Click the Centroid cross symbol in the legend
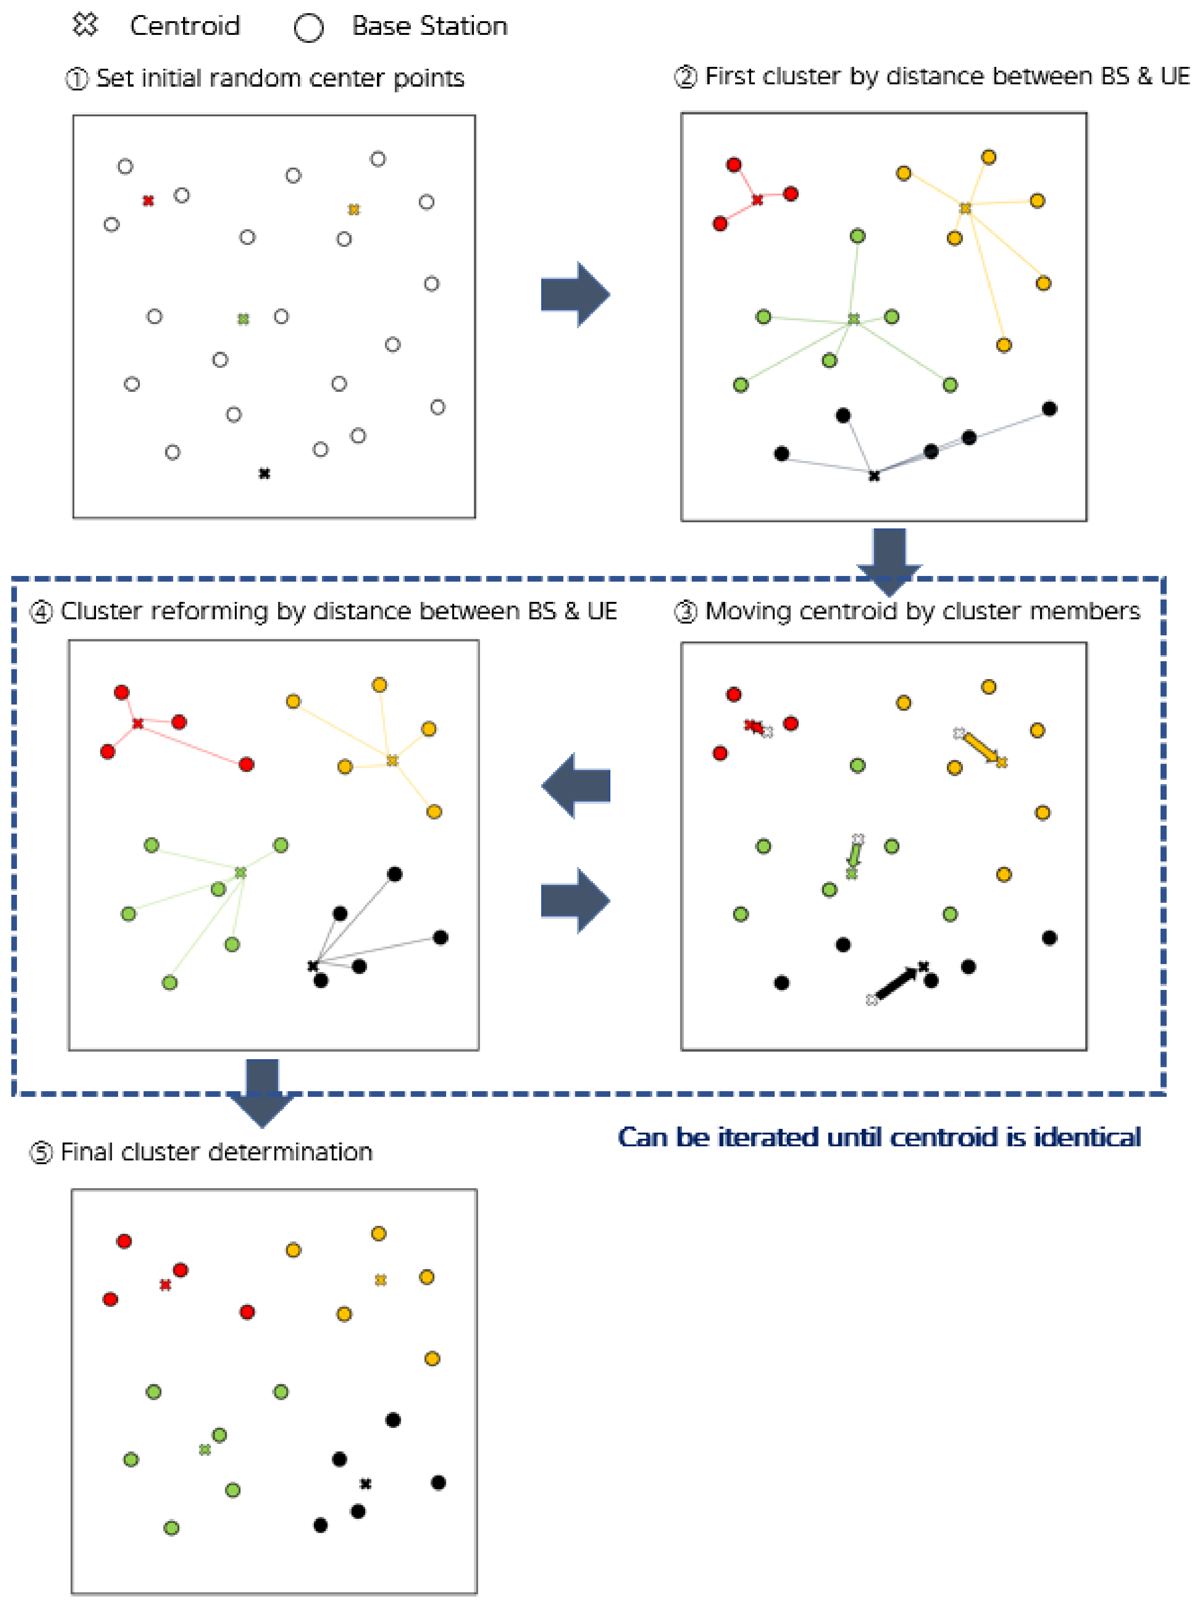click(85, 24)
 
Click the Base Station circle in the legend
click(308, 28)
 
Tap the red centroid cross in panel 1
click(148, 200)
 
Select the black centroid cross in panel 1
click(264, 473)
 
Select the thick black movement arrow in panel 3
click(897, 983)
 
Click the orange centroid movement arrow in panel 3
click(981, 747)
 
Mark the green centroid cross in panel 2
click(854, 318)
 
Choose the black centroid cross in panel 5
click(366, 1484)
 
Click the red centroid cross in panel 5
click(165, 1285)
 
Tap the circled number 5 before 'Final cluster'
click(40, 1152)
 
